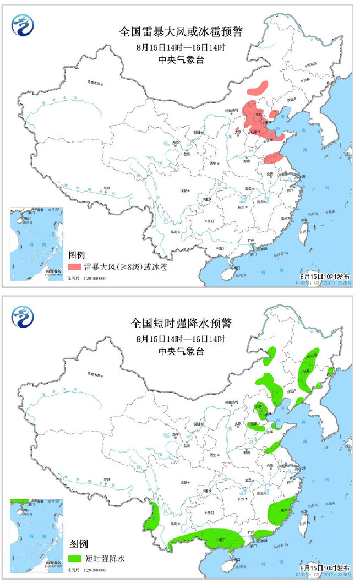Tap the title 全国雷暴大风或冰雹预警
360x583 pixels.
tap(181, 32)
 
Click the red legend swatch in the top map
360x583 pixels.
tap(75, 267)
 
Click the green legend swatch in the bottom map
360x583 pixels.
tap(75, 558)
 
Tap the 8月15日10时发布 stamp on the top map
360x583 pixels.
tap(325, 274)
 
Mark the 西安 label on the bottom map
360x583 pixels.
tap(208, 455)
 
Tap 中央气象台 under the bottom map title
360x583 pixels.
tap(181, 351)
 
